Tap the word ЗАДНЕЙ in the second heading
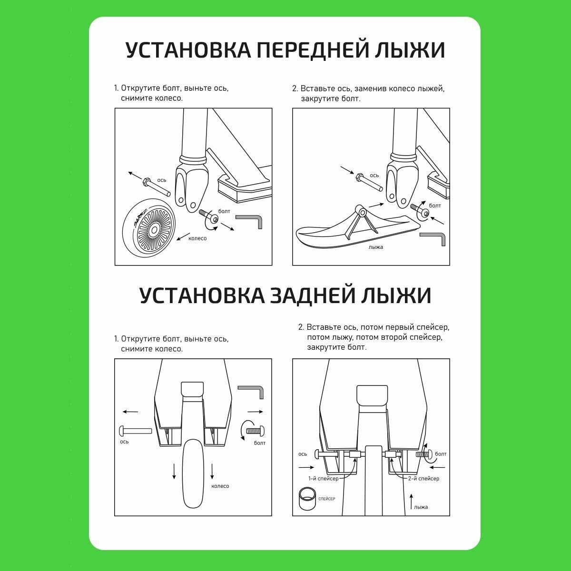point(313,295)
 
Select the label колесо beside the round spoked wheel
point(197,238)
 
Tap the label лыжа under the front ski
point(376,247)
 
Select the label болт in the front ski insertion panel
point(435,206)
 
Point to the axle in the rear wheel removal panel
point(136,431)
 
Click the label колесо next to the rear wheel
point(220,486)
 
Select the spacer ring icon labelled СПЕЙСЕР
point(307,499)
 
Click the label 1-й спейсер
point(323,479)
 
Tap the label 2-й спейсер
point(423,479)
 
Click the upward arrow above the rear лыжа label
point(411,502)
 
